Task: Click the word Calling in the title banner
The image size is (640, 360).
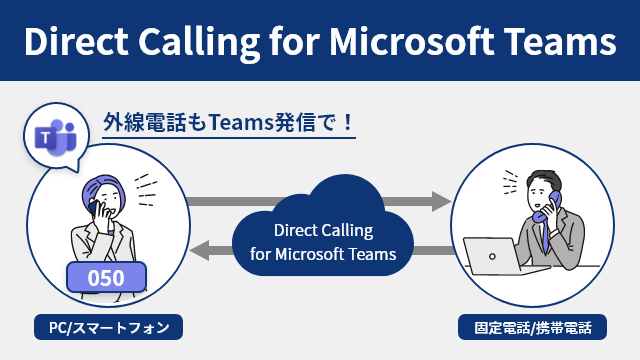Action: pos(211,42)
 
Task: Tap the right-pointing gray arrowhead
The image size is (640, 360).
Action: pos(439,201)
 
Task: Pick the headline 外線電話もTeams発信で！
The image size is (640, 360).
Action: pos(228,124)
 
